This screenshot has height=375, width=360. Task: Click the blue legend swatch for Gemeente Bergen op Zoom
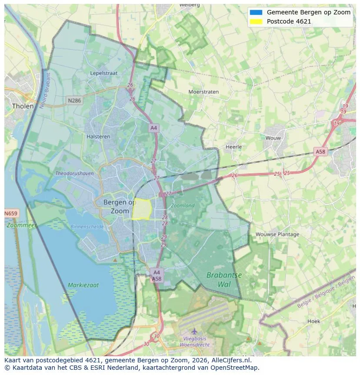256,12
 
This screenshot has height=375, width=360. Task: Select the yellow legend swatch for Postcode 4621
256,21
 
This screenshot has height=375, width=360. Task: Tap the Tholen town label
23,106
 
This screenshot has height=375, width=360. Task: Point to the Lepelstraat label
104,73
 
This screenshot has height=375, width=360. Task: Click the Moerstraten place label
203,92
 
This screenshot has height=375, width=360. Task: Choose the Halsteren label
99,136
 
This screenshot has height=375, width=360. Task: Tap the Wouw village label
273,138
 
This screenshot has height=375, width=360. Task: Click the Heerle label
233,147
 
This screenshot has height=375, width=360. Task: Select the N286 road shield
74,101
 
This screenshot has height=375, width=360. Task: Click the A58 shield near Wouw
320,152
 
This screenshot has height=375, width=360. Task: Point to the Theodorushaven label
74,173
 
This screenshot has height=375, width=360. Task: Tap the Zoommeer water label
21,226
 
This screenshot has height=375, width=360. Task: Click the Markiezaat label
83,285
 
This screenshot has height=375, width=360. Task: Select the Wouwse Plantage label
277,234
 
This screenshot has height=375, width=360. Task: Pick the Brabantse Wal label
224,280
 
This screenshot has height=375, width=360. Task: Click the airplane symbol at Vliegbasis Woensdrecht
194,331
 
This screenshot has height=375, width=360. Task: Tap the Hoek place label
313,321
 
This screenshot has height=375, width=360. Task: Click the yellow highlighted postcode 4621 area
141,209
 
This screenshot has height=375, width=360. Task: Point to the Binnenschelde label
87,226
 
